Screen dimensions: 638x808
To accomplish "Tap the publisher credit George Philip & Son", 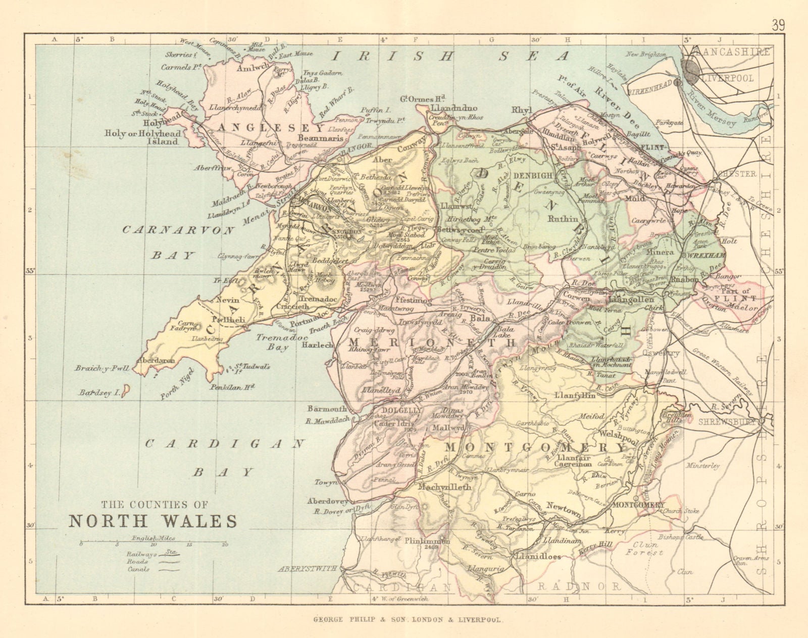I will pyautogui.click(x=403, y=619).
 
